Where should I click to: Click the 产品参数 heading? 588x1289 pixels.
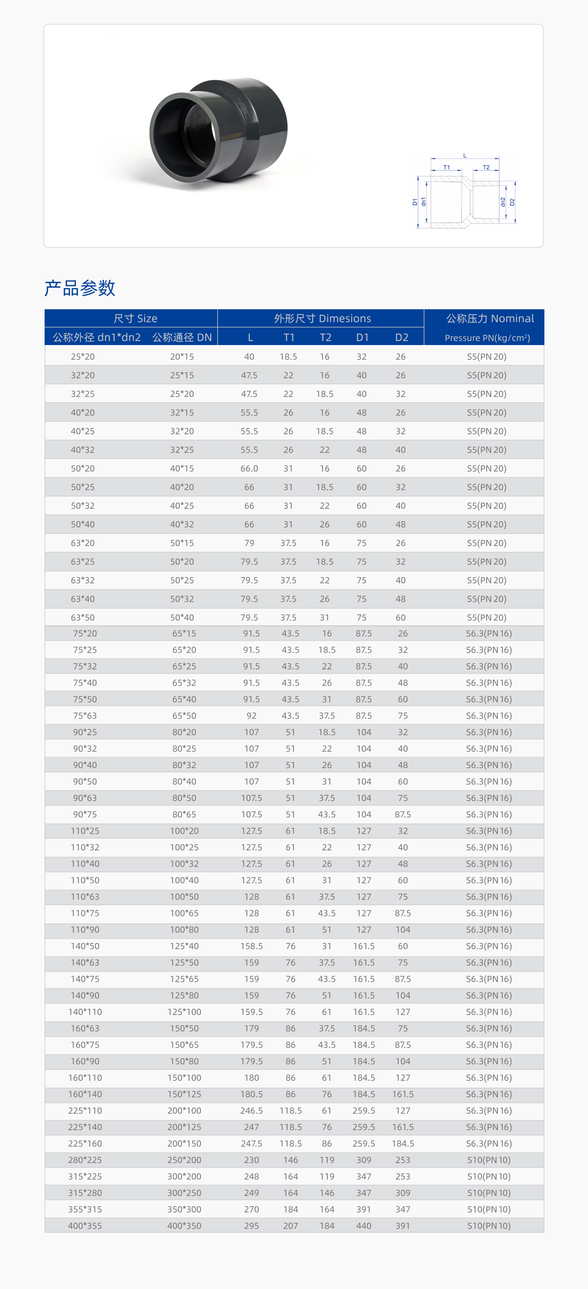[x=79, y=288]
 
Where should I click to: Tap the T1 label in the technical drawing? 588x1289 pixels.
[x=446, y=167]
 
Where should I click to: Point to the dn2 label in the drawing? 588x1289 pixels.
[x=503, y=201]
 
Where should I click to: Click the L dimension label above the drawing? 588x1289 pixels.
[x=465, y=156]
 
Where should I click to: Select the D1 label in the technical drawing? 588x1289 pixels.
[x=415, y=202]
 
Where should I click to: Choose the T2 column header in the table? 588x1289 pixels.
[x=325, y=337]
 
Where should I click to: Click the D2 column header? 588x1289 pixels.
[x=401, y=337]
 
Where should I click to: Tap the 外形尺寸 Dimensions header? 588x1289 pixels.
[x=322, y=318]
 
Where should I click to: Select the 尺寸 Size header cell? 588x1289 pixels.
[x=135, y=318]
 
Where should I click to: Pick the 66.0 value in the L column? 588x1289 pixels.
[x=249, y=469]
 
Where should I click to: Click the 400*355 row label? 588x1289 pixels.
[x=85, y=1225]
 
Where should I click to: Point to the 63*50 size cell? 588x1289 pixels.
[x=83, y=618]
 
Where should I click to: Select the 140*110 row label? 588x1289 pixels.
[x=85, y=1012]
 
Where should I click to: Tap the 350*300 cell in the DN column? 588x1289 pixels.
[x=184, y=1209]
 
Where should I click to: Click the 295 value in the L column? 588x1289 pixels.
[x=251, y=1225]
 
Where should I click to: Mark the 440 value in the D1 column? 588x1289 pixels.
[x=364, y=1225]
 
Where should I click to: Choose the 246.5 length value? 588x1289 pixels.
[x=251, y=1111]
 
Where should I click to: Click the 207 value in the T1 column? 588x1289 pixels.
[x=290, y=1225]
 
